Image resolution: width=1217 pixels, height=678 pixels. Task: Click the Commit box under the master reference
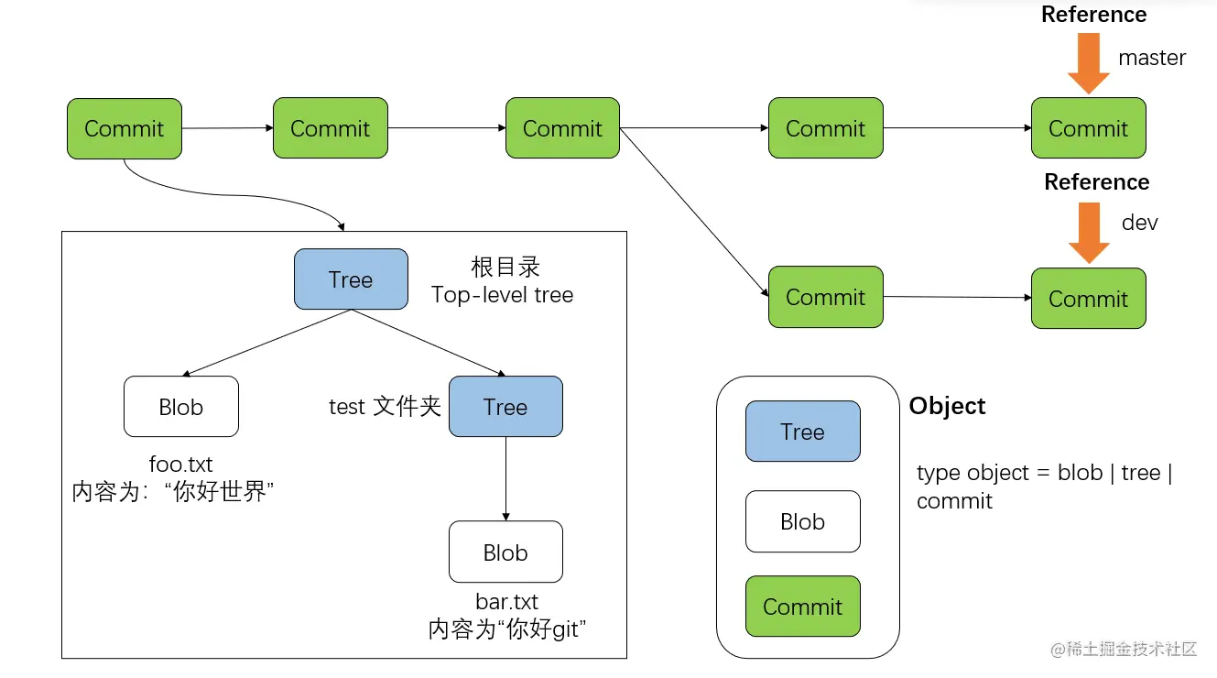click(1088, 128)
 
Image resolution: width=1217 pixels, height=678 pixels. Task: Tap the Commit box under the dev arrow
click(1088, 299)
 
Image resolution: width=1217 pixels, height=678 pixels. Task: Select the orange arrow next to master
click(1088, 63)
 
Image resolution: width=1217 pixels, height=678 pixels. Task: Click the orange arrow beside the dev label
click(1088, 233)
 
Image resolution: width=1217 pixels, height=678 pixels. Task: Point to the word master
click(1152, 58)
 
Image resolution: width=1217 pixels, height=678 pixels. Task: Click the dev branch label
click(1140, 223)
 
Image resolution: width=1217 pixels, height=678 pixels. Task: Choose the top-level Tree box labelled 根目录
click(351, 279)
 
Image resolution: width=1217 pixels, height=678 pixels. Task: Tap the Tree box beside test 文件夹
click(505, 407)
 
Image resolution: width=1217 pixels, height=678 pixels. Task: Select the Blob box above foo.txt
click(181, 407)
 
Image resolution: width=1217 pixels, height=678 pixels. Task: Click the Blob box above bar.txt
click(505, 552)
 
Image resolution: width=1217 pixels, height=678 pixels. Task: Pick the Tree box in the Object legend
click(802, 432)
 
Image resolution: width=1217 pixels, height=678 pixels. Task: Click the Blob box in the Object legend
click(802, 521)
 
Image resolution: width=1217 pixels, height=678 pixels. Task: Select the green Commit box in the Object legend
click(802, 607)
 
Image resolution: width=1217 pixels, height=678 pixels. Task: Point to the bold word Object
click(947, 406)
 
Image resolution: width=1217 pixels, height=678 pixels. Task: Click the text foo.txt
click(180, 465)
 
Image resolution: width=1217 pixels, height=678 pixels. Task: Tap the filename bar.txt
click(506, 602)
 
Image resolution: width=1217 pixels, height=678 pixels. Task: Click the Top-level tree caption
click(502, 295)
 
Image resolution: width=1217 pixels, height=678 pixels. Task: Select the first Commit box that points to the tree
click(124, 128)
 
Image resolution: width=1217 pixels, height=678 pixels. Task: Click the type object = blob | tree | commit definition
click(1044, 487)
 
